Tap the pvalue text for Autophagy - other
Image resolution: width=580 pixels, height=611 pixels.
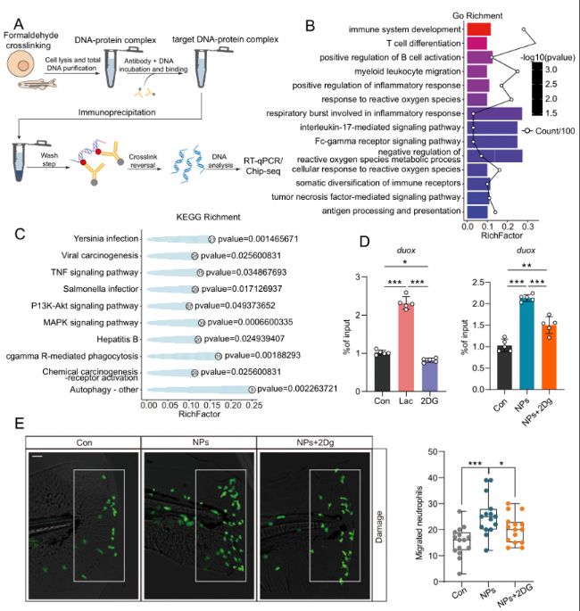(x=302, y=390)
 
